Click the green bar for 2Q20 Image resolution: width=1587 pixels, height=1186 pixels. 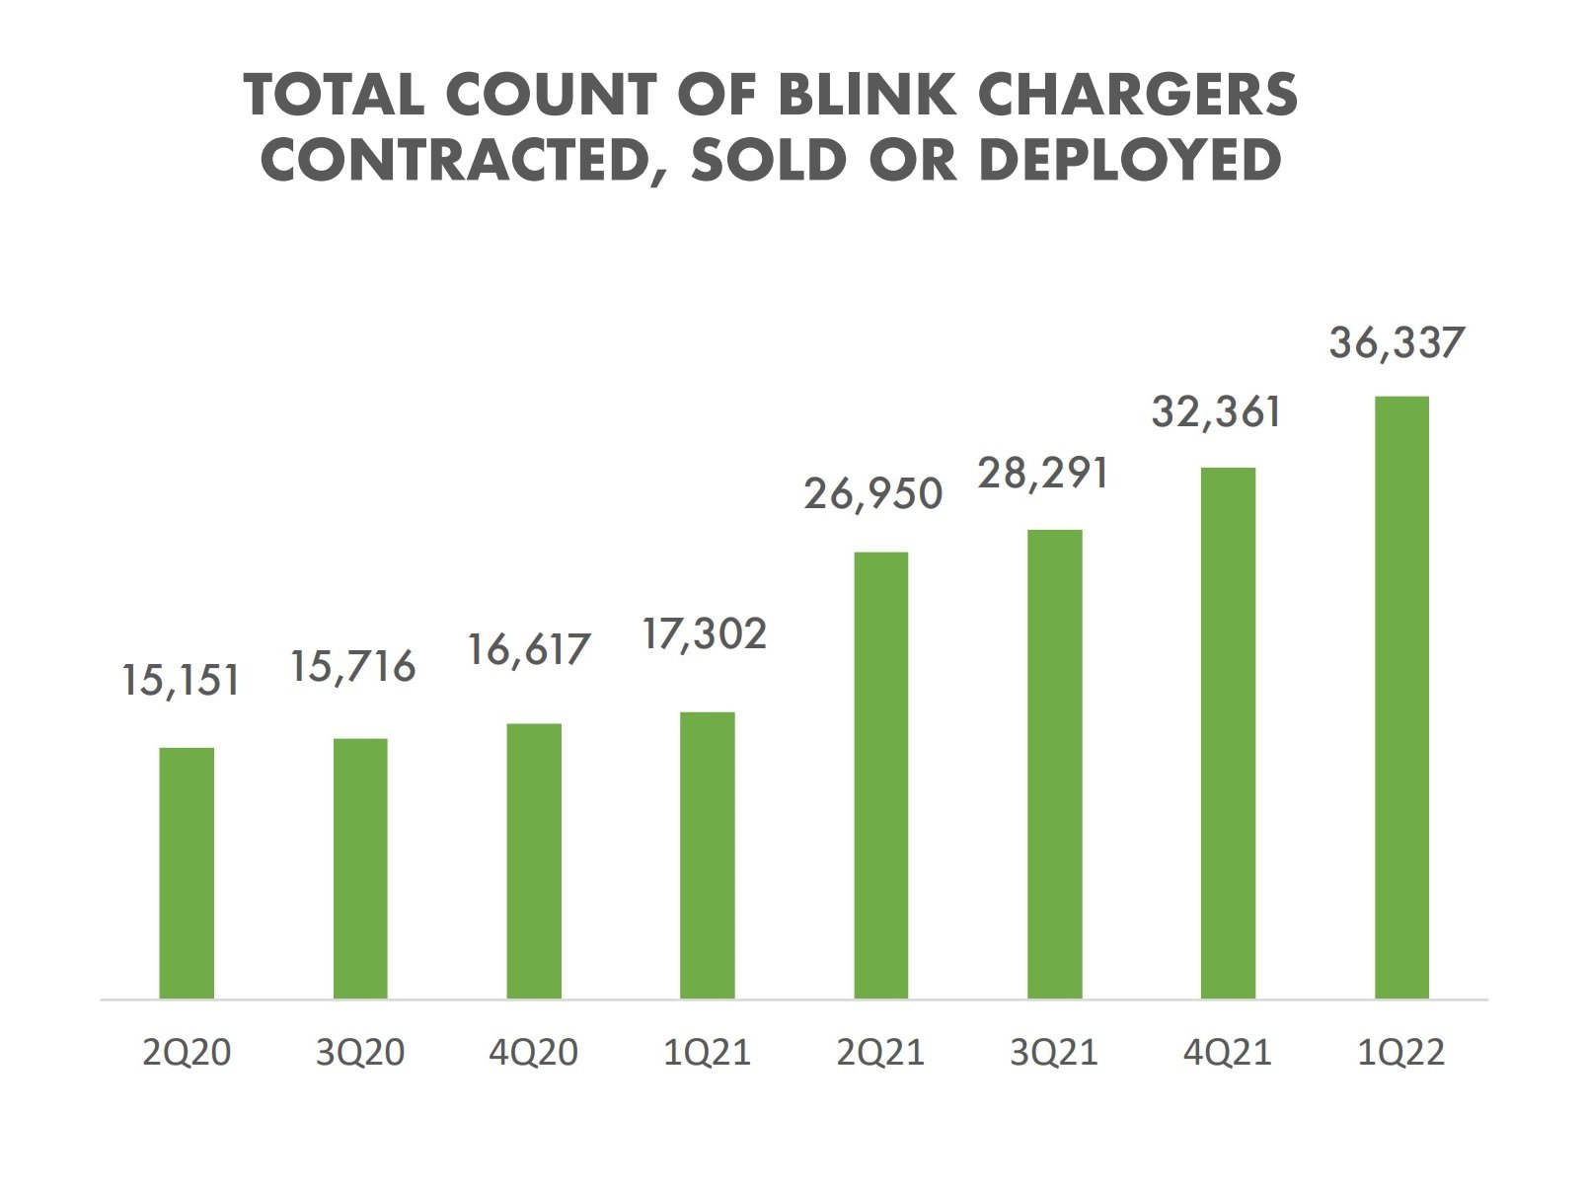[x=187, y=873]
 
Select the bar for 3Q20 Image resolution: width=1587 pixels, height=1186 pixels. [x=360, y=868]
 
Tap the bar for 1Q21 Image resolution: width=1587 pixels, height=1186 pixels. [x=708, y=855]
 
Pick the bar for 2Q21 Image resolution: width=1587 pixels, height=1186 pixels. [x=881, y=776]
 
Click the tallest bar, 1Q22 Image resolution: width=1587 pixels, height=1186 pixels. [x=1401, y=698]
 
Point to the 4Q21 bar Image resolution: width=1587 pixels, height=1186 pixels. [x=1228, y=733]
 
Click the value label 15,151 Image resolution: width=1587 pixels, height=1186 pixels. [x=181, y=681]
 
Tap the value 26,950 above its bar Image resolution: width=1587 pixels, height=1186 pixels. [x=873, y=493]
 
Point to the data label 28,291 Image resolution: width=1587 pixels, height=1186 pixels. [x=1043, y=474]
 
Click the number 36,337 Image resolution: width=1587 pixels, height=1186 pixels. [x=1396, y=343]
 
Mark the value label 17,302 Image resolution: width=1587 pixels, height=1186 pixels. [x=704, y=634]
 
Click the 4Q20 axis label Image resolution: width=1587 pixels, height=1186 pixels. [x=533, y=1053]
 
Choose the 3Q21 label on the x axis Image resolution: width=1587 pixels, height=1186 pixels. [x=1053, y=1053]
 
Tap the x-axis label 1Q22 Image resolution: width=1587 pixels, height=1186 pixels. [x=1400, y=1053]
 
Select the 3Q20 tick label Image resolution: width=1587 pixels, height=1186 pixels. [x=360, y=1053]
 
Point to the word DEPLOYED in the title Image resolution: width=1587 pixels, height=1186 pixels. [x=1130, y=160]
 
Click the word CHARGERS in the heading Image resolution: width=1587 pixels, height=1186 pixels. [x=1137, y=95]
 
